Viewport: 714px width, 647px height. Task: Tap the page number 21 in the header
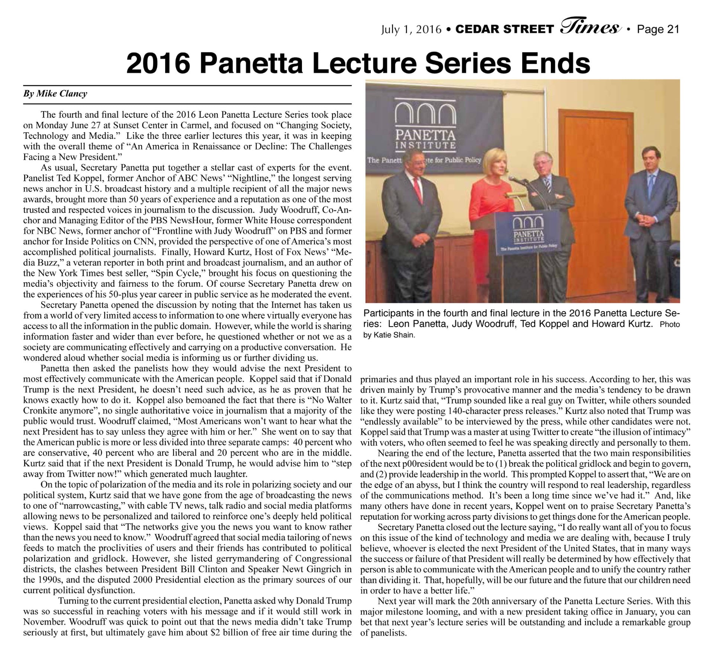[673, 29]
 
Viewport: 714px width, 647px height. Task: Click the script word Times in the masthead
[589, 27]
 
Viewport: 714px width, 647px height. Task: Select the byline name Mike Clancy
[61, 93]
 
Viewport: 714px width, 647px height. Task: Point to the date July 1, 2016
[411, 29]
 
